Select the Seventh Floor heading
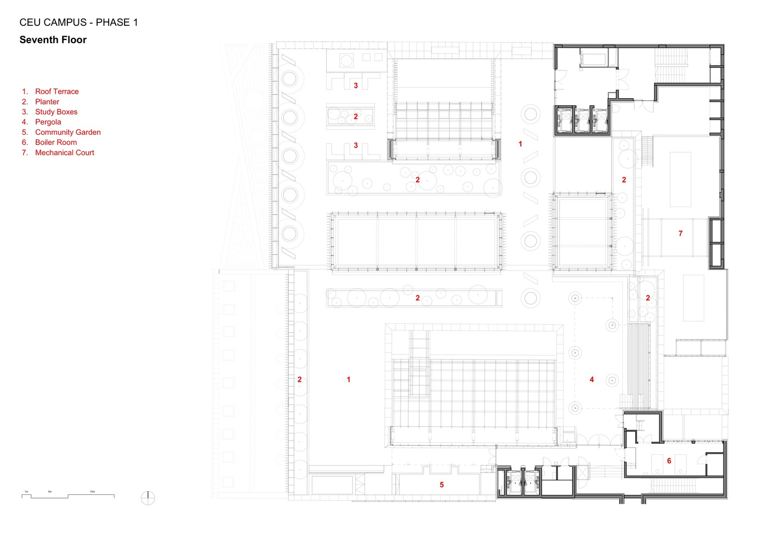point(53,40)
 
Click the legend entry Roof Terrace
point(56,92)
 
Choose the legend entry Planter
point(47,102)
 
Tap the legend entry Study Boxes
point(56,112)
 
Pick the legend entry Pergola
point(48,122)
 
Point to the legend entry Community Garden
point(68,132)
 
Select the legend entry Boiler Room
point(56,142)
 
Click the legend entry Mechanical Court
point(65,153)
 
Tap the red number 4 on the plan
point(591,379)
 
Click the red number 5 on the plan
point(442,484)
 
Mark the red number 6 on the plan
point(669,461)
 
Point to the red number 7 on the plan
point(680,233)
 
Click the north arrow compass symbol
point(148,498)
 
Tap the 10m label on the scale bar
point(92,492)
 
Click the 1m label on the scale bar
point(26,492)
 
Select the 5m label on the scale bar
point(50,492)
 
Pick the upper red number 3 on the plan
point(356,85)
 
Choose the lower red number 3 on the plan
point(356,145)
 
